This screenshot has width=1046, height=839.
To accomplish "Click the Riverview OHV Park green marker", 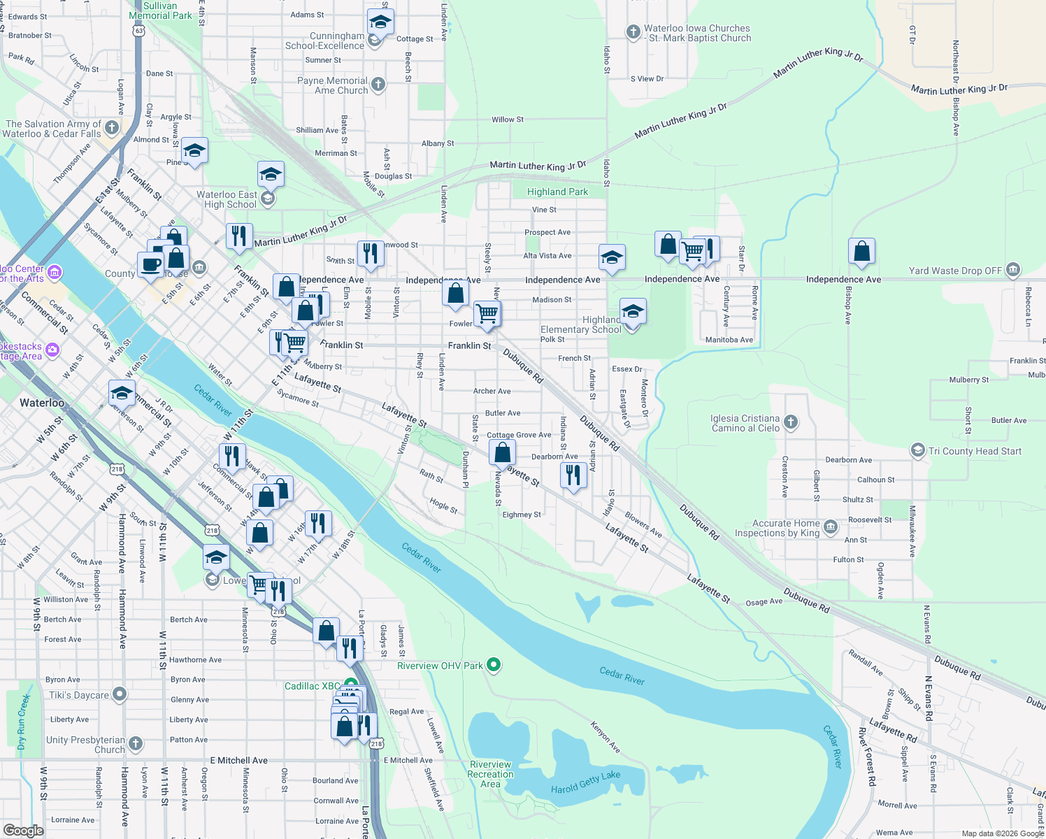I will [x=494, y=664].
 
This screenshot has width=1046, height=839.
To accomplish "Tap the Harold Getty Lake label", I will [x=585, y=782].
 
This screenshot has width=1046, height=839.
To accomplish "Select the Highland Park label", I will [x=557, y=192].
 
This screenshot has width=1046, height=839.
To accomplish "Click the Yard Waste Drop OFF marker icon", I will [x=1013, y=270].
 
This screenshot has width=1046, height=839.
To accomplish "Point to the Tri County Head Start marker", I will [x=917, y=451].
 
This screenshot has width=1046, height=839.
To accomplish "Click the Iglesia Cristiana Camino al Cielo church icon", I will [x=791, y=422].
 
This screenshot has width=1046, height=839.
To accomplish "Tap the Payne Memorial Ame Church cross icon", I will [x=378, y=85].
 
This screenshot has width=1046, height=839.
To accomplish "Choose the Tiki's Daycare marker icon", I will [x=120, y=694].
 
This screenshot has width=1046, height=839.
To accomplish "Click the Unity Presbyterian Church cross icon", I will [x=136, y=743].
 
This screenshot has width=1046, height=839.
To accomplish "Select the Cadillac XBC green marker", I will [x=350, y=685].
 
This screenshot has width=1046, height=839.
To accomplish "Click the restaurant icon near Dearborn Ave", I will [x=573, y=475].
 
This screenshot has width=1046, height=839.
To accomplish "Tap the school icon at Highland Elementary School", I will [x=633, y=312].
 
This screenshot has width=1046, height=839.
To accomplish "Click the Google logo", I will [x=24, y=830].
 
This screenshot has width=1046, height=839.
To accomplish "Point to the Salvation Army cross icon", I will [x=112, y=128].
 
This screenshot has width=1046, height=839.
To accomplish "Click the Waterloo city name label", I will [x=42, y=403].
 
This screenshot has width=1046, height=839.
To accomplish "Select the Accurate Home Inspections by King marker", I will [x=830, y=526].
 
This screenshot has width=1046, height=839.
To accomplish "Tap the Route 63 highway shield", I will [x=139, y=31].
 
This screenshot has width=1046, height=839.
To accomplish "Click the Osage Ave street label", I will [x=764, y=602].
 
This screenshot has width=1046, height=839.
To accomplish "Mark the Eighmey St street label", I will [x=522, y=515].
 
